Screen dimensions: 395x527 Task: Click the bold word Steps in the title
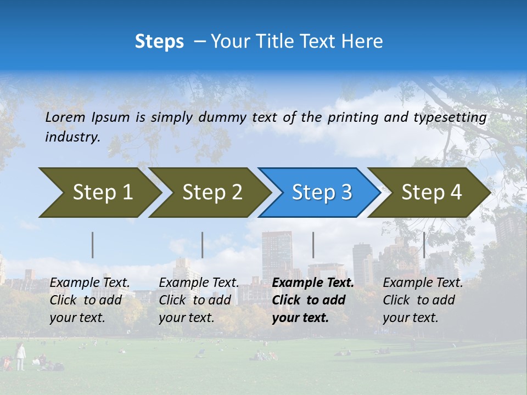click(x=159, y=42)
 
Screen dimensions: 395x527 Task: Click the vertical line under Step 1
click(x=93, y=245)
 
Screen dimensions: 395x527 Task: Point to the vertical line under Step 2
click(x=203, y=245)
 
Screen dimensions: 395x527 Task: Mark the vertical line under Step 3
click(x=313, y=245)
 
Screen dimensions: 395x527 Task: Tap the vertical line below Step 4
click(x=424, y=245)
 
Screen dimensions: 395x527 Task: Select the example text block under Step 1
click(x=89, y=300)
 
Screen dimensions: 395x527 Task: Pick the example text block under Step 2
click(x=199, y=300)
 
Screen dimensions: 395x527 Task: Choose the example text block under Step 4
click(x=423, y=300)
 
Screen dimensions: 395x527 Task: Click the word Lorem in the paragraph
click(x=65, y=117)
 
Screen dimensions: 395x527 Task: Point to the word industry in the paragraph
click(x=72, y=137)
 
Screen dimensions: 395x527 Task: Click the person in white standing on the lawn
click(x=20, y=356)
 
